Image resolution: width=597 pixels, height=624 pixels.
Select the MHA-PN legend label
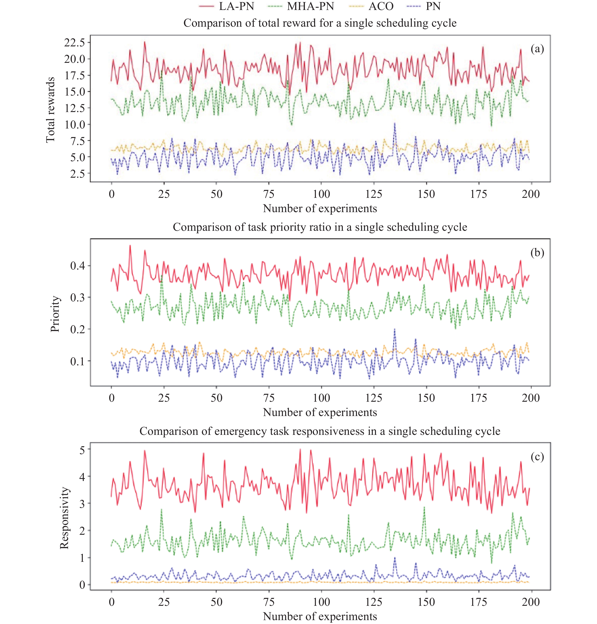point(310,6)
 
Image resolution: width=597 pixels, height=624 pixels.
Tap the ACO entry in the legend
point(381,6)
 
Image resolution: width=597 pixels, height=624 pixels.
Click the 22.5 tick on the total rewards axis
point(75,42)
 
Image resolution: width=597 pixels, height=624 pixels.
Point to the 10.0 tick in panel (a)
point(75,125)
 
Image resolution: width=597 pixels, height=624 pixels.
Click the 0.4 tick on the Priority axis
point(78,265)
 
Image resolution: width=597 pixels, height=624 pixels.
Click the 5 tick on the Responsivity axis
point(82,450)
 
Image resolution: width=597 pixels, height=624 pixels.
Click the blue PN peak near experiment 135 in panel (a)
point(395,123)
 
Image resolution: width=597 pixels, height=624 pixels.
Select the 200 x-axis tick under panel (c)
point(530,602)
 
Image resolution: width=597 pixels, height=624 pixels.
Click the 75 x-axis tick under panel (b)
point(269,398)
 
